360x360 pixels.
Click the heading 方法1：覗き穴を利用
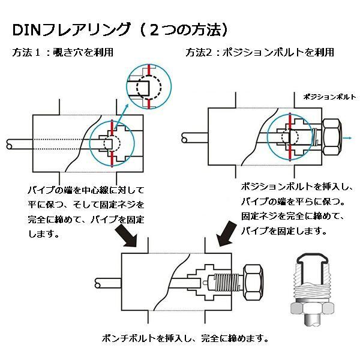(x=63, y=52)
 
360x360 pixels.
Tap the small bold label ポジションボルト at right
(x=329, y=96)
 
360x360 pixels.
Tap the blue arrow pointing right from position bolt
(x=347, y=137)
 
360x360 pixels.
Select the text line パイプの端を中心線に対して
(x=86, y=190)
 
